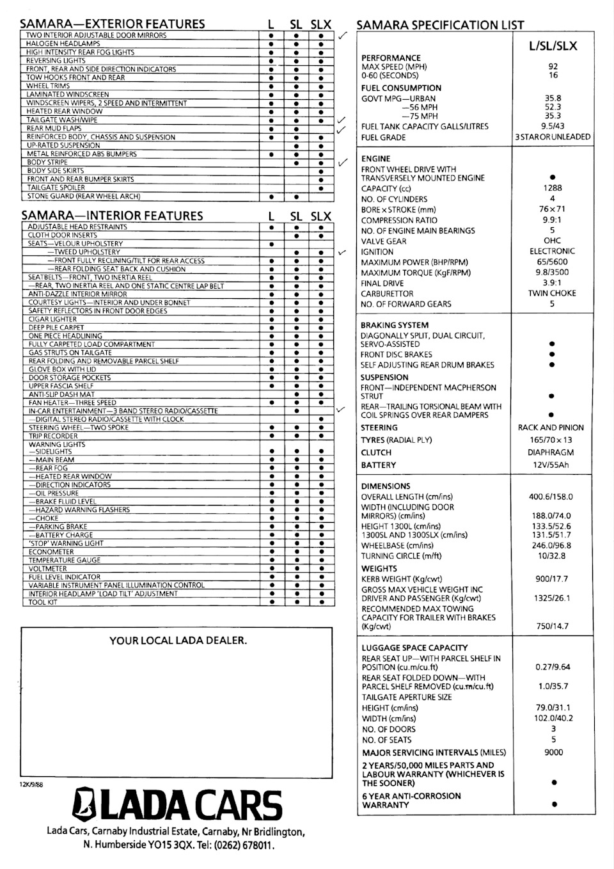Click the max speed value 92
[x=553, y=67]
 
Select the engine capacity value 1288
[x=553, y=188]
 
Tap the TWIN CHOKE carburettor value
[x=552, y=293]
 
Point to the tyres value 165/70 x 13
[x=551, y=440]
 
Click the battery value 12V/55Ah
[x=551, y=465]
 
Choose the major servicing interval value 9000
[x=553, y=753]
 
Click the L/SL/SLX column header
[x=553, y=45]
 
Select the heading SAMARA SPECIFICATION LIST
[x=439, y=26]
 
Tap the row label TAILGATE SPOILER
[x=56, y=188]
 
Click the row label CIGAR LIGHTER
[x=52, y=319]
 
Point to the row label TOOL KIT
[x=43, y=602]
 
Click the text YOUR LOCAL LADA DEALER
[x=178, y=641]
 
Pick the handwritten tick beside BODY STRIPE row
[x=342, y=163]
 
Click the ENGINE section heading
[x=375, y=159]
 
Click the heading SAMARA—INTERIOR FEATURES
[x=112, y=216]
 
